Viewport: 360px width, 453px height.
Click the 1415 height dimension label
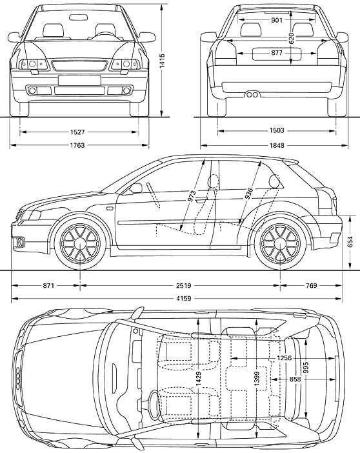[x=162, y=61]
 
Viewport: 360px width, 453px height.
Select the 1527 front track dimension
[x=77, y=132]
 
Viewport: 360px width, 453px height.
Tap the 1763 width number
[x=77, y=145]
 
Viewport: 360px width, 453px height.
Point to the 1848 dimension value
[x=277, y=145]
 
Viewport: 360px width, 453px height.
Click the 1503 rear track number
[x=277, y=130]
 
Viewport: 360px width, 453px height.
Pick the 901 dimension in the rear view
[x=277, y=20]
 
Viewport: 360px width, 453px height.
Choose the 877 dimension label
[x=277, y=53]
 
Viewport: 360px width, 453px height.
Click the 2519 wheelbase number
[x=184, y=286]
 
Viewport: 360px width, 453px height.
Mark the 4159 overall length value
[x=184, y=298]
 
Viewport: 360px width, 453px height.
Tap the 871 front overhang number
[x=48, y=286]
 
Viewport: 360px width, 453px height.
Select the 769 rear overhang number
[x=311, y=286]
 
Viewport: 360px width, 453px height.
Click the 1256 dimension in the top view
[x=285, y=358]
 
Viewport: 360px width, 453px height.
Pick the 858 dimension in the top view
[x=295, y=379]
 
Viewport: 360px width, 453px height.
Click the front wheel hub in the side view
[x=80, y=243]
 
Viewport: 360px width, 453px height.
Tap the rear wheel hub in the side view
[x=280, y=243]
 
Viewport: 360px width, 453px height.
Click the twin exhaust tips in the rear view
[x=252, y=94]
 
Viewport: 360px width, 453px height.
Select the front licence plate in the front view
[x=79, y=80]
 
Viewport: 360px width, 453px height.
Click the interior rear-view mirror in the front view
[x=78, y=17]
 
